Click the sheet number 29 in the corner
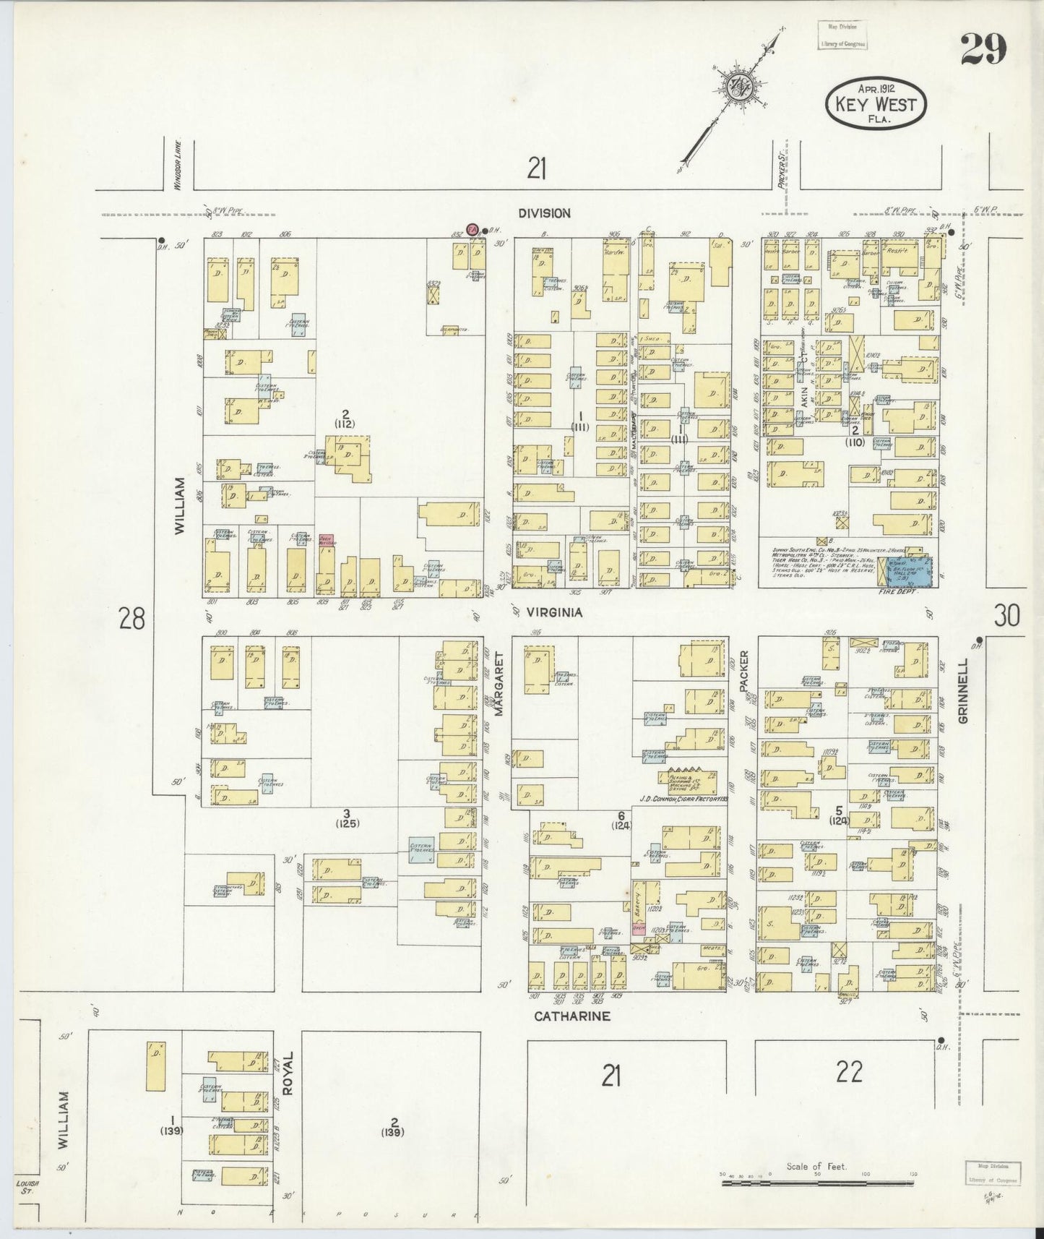coord(983,50)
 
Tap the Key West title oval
coord(875,104)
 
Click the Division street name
coord(544,213)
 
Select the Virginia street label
coord(554,612)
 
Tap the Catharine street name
coord(572,1016)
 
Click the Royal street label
coord(287,1069)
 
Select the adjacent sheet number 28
coord(131,619)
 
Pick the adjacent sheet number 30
coord(1006,616)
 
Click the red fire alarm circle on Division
coord(473,229)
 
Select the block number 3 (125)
coord(347,818)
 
